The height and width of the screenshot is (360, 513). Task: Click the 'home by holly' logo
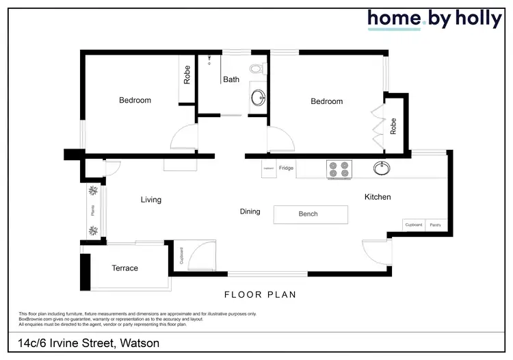(434, 19)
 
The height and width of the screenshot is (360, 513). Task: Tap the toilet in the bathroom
(256, 68)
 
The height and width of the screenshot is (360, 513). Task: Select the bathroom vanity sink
(259, 98)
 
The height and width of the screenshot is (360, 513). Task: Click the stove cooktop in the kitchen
(339, 169)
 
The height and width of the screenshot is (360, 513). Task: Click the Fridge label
(287, 168)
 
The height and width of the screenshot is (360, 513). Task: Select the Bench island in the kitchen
(308, 214)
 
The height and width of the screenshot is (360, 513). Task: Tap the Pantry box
(434, 224)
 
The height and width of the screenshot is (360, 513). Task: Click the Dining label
(250, 211)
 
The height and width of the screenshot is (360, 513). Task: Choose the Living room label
(151, 200)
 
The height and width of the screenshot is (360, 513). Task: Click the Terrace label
(124, 268)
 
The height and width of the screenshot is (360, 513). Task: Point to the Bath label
(231, 79)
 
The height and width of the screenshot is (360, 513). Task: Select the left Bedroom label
(135, 101)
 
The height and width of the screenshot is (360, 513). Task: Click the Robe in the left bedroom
(187, 74)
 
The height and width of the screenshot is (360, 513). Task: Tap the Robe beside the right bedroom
(393, 127)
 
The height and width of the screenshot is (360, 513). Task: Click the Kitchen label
(378, 197)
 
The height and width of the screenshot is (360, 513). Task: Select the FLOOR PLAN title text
(260, 295)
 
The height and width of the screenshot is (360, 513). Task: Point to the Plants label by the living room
(94, 211)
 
